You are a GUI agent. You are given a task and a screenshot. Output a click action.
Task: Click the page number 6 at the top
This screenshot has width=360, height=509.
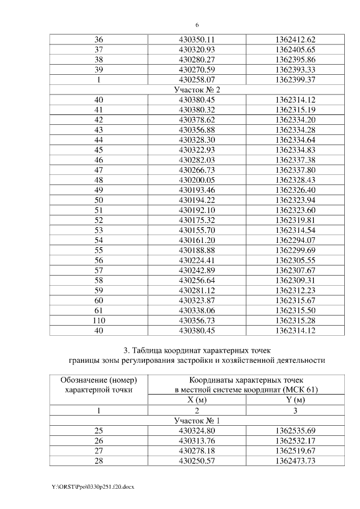click(197, 25)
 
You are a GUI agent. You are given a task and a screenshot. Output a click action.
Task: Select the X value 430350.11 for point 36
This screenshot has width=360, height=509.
click(197, 40)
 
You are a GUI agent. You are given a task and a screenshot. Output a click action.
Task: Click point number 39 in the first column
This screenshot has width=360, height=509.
click(98, 70)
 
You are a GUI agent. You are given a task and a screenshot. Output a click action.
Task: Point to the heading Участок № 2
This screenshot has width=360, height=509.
click(197, 90)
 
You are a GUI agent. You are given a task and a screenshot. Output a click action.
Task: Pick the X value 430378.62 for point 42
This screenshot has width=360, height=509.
click(197, 120)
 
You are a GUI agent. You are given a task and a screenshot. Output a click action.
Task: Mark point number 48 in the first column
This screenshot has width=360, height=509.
click(98, 180)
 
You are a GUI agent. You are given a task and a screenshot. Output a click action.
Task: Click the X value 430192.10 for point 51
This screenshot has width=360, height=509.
click(197, 210)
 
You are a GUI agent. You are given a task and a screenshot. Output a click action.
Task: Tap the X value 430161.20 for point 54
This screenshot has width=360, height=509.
click(197, 240)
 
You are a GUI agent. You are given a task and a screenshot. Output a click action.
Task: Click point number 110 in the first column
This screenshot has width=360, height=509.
click(98, 320)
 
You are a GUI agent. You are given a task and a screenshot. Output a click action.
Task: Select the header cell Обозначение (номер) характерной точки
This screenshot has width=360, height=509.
click(98, 385)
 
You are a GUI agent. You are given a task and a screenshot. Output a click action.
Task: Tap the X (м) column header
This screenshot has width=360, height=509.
click(197, 400)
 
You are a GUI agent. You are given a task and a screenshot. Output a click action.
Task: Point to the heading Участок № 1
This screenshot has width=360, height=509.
click(197, 420)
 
